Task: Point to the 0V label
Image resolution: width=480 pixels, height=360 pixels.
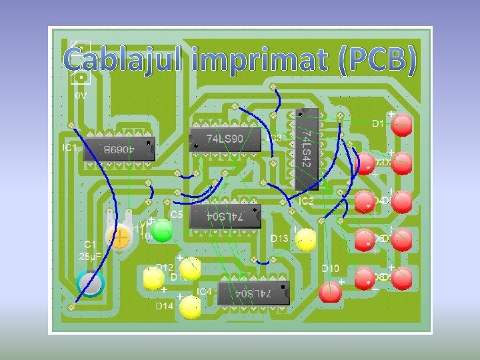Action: pos(80,96)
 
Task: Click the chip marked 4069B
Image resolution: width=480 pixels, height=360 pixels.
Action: pos(119,149)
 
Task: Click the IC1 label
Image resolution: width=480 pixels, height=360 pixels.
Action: pos(70,147)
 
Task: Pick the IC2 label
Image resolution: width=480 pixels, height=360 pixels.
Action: pos(305,201)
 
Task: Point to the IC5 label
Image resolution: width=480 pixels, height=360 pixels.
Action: pos(175,215)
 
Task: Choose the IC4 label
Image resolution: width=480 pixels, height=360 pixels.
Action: pos(204,291)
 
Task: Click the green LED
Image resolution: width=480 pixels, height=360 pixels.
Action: pos(161,231)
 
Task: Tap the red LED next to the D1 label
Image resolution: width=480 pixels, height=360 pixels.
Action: pos(402,125)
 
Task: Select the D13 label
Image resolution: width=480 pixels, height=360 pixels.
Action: pos(279,238)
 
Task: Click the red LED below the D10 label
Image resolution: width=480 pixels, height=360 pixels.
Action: pos(331,291)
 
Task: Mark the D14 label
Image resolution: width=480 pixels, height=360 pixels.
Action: pos(165,306)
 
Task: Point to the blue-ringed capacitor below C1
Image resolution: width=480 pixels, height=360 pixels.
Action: pos(91,283)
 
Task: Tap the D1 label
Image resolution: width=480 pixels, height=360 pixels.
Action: pos(378,123)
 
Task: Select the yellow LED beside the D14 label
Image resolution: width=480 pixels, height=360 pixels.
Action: pos(190,306)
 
